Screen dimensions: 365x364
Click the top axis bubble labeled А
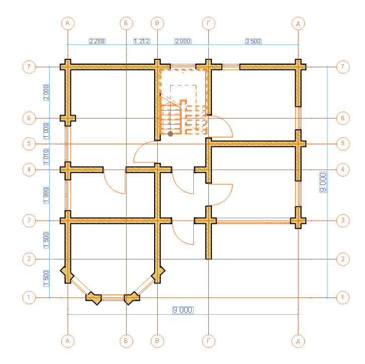tap(68, 23)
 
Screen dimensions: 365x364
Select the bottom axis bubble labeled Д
tap(298, 341)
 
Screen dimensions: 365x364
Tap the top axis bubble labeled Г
tap(208, 23)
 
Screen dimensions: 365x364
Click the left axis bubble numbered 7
tap(29, 67)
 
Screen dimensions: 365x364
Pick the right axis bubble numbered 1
tap(342, 297)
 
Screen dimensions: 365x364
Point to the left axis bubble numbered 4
tap(29, 169)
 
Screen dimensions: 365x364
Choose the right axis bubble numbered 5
tap(342, 143)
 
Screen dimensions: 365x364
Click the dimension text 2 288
tap(97, 41)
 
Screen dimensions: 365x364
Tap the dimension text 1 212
tap(142, 41)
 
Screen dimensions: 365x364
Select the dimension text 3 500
tap(253, 41)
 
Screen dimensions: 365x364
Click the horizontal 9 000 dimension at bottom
tap(183, 310)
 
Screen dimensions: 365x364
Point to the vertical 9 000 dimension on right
tap(323, 182)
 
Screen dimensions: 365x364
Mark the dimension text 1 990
tap(46, 195)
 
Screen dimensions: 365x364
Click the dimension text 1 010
tap(46, 156)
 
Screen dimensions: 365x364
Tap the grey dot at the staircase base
tap(170, 134)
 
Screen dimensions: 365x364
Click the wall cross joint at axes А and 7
tap(68, 67)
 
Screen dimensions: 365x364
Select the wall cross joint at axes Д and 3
tap(298, 221)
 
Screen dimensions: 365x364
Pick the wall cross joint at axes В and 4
tap(158, 169)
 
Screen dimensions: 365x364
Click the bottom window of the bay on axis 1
tap(113, 298)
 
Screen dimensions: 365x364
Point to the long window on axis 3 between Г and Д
tap(254, 221)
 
